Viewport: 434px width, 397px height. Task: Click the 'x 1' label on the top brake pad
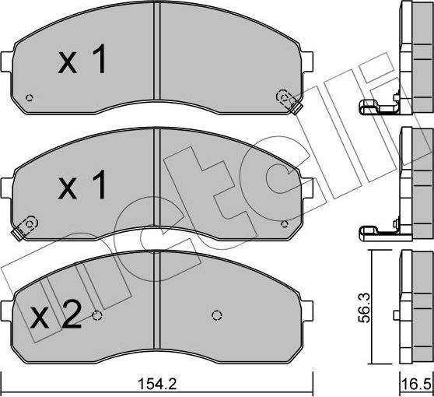pos(82,62)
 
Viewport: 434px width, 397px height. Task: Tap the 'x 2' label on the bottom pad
pos(55,316)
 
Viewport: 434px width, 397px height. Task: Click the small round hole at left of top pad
pos(30,97)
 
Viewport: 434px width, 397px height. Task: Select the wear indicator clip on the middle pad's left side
pos(26,227)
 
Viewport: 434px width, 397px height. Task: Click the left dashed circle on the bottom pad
pos(97,315)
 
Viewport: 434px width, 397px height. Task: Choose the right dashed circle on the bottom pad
pos(216,315)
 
